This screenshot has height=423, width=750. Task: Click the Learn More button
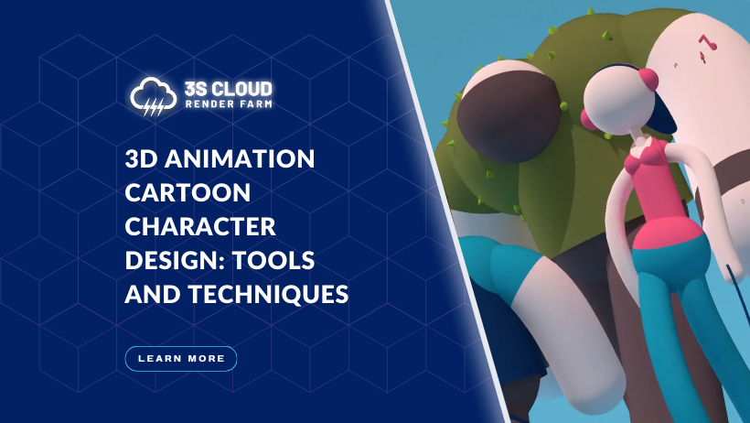pos(181,358)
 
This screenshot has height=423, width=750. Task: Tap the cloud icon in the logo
pos(153,96)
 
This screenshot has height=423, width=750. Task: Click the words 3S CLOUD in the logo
pos(228,89)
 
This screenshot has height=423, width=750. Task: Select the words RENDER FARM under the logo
pos(228,104)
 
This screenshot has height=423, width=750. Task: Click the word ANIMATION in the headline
pos(240,158)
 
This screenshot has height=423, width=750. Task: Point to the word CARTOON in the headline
pos(187,192)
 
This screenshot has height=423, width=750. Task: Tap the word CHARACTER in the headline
pos(200,226)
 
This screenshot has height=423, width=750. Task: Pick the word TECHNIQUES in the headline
pos(268,294)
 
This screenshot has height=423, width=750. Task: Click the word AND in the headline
pos(153,294)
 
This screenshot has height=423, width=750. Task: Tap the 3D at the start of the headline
pos(141,158)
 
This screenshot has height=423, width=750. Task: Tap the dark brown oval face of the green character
pos(508,116)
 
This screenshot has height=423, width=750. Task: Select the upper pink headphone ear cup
pos(648,79)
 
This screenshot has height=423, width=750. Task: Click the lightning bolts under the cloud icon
pos(154,108)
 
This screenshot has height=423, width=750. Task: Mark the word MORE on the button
pos(207,358)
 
